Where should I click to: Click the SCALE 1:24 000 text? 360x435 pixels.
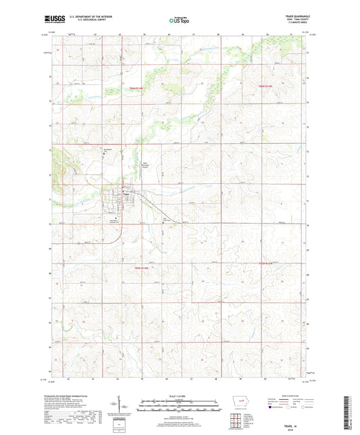pyautogui.click(x=179, y=395)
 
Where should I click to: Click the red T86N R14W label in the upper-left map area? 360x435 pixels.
pyautogui.click(x=137, y=88)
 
